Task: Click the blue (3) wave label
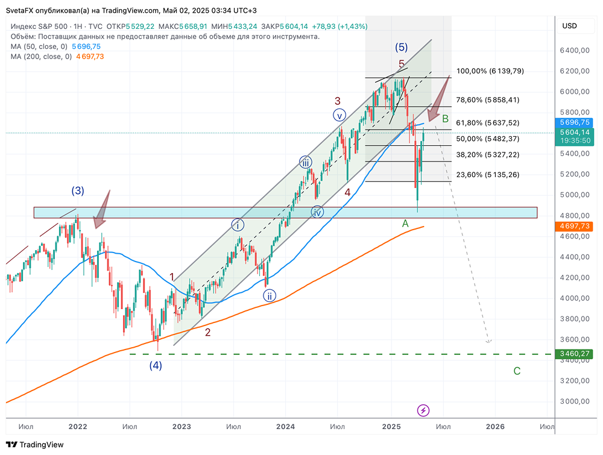point(78,191)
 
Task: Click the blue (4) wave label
point(156,365)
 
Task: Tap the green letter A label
point(405,224)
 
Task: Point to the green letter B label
point(446,118)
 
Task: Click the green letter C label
point(517,371)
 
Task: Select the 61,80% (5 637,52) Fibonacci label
point(488,123)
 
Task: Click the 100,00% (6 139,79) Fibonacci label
point(490,71)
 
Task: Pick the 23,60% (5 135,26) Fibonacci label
point(488,175)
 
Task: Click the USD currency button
point(569,26)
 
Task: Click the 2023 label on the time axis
point(182,426)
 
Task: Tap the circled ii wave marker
point(269,295)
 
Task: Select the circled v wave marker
point(340,115)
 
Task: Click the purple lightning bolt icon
point(423,410)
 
